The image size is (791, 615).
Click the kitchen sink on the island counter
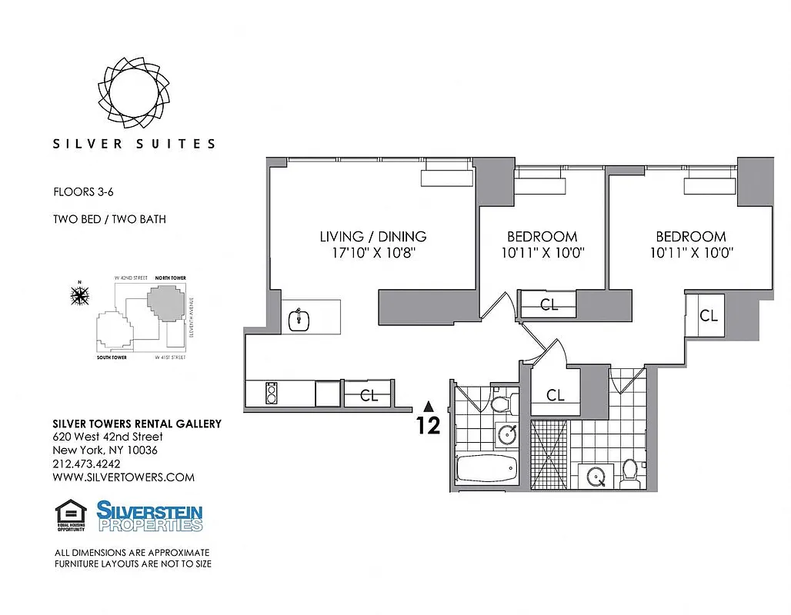pyautogui.click(x=298, y=319)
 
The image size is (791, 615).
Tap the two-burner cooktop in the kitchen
pyautogui.click(x=270, y=394)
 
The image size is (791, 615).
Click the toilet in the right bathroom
pyautogui.click(x=629, y=474)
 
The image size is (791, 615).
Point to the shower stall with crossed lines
pyautogui.click(x=550, y=454)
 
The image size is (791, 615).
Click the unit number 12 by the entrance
pyautogui.click(x=429, y=425)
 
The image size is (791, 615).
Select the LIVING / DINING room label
pyautogui.click(x=373, y=237)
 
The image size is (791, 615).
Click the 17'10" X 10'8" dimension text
pyautogui.click(x=373, y=253)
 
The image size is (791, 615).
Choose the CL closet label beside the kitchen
pyautogui.click(x=369, y=397)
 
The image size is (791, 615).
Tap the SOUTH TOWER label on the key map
pyautogui.click(x=112, y=358)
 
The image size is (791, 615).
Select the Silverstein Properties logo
pyautogui.click(x=149, y=516)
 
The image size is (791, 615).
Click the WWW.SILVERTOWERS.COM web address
pyautogui.click(x=123, y=477)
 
